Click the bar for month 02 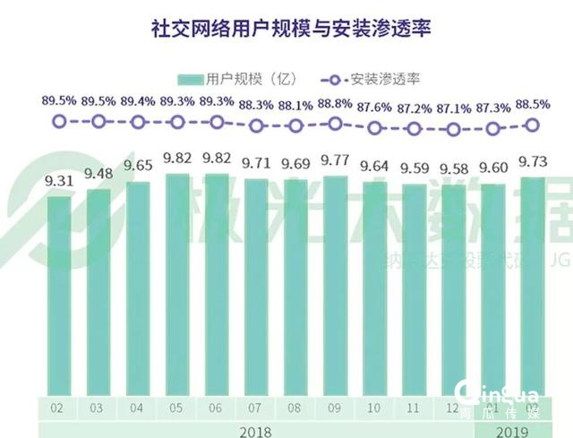pyautogui.click(x=58, y=296)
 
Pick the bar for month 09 pyautogui.click(x=336, y=287)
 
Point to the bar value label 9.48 pyautogui.click(x=98, y=173)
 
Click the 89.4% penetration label pyautogui.click(x=138, y=101)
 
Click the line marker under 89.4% pyautogui.click(x=138, y=122)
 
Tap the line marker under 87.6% pyautogui.click(x=375, y=128)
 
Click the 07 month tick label pyautogui.click(x=256, y=408)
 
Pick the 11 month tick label pyautogui.click(x=415, y=408)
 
